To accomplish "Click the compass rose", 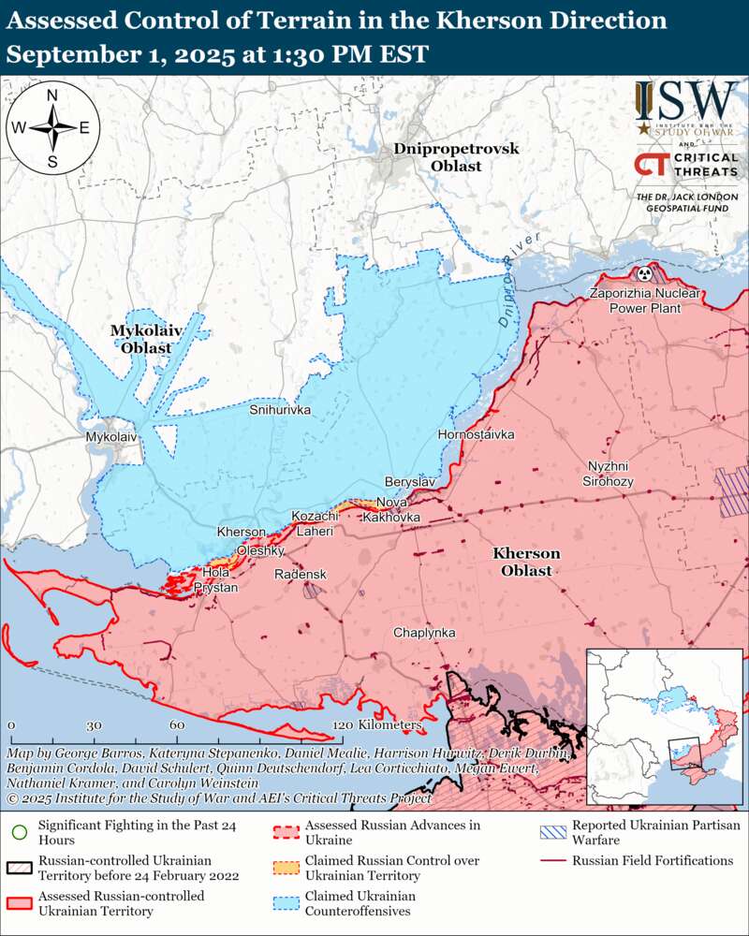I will (52, 128).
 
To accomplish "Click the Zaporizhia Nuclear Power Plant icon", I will (644, 274).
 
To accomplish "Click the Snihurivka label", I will (280, 410).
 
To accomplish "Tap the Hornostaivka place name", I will (476, 434).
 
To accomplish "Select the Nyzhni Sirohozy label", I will (610, 474).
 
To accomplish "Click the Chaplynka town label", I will (424, 633).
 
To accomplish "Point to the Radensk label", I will (300, 574).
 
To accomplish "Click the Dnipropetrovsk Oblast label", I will (456, 157).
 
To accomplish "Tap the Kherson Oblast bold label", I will (526, 562).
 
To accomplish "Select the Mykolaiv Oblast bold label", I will (145, 339).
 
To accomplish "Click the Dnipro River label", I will (518, 281).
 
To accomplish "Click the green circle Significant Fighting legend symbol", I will (19, 830).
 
